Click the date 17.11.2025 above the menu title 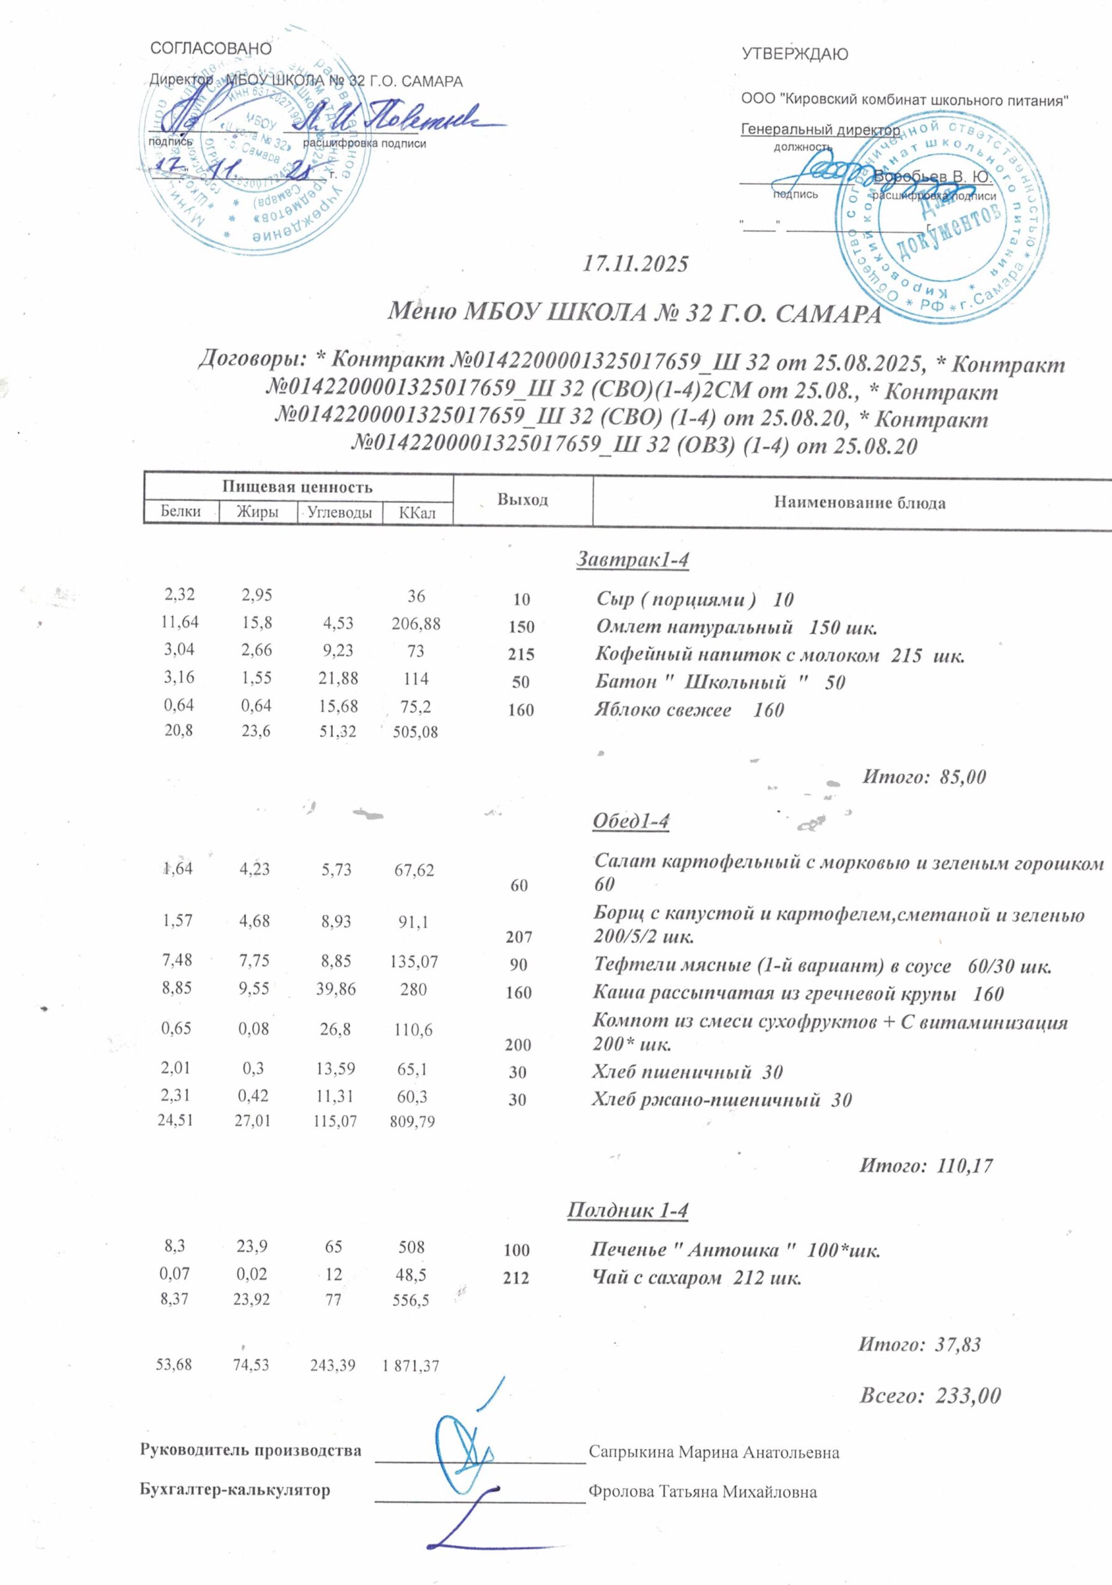tap(636, 264)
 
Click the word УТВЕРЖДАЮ tap(795, 54)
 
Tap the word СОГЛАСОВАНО tap(211, 48)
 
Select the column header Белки tap(181, 511)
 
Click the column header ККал tap(417, 513)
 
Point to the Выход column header tap(523, 500)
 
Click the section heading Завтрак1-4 tap(633, 560)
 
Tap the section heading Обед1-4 tap(631, 821)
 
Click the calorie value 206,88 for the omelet tap(416, 624)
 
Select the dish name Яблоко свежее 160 tap(690, 710)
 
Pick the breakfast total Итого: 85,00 tap(924, 776)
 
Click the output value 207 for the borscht tap(519, 937)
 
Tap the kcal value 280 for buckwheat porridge tap(413, 989)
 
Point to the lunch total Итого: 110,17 tap(925, 1166)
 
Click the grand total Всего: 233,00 tap(929, 1396)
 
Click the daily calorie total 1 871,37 tap(410, 1365)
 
